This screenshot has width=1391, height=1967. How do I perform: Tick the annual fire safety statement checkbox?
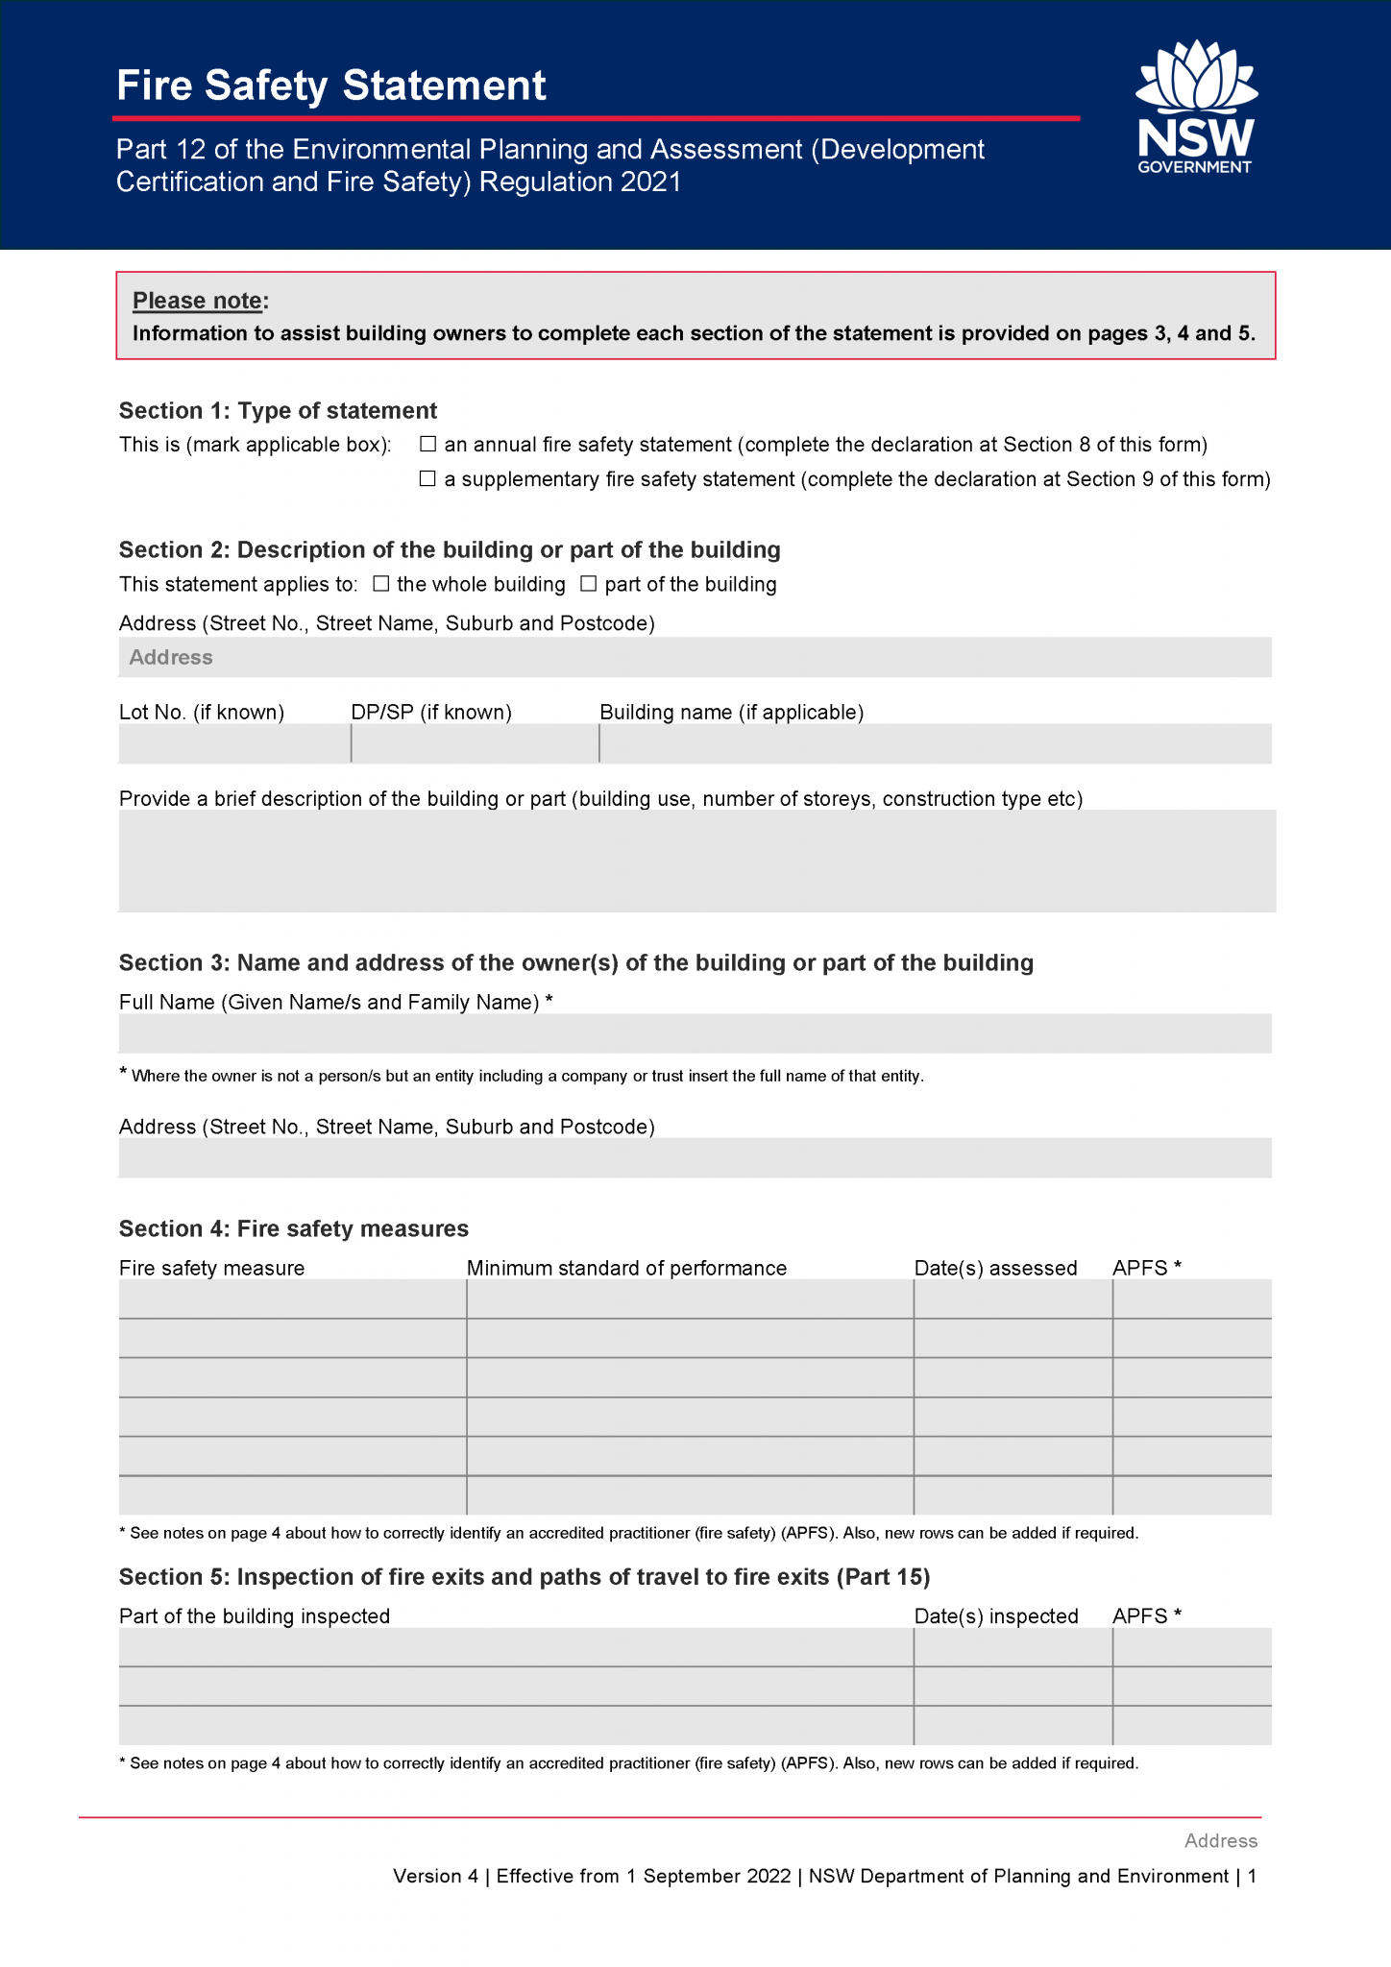(428, 445)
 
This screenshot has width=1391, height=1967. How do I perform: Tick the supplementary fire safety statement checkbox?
(428, 479)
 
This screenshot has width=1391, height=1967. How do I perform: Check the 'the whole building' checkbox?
(381, 584)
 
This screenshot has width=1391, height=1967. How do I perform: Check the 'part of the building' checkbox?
(589, 584)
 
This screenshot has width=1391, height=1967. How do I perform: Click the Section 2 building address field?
(695, 658)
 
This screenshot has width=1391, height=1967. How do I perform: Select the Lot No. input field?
(234, 743)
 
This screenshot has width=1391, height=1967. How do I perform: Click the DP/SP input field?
(475, 743)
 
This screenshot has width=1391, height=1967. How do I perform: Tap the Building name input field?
(936, 743)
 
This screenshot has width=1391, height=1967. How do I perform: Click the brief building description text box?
(695, 861)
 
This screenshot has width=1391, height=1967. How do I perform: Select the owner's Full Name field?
(695, 1033)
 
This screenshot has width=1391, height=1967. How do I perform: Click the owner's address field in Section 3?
(695, 1158)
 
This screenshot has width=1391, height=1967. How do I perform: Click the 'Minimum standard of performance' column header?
(626, 1268)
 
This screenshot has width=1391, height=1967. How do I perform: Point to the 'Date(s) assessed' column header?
(995, 1268)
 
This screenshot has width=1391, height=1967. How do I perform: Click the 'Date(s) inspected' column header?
(996, 1616)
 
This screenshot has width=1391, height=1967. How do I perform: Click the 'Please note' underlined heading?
(198, 301)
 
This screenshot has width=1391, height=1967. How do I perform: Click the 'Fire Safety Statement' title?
(331, 85)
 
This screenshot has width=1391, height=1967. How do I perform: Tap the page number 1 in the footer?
(1252, 1877)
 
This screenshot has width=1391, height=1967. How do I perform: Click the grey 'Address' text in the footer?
(1220, 1841)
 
